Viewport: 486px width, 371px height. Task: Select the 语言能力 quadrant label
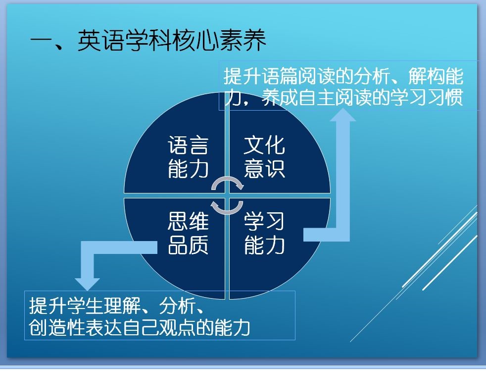click(x=188, y=157)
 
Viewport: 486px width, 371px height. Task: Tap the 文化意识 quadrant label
click(x=264, y=157)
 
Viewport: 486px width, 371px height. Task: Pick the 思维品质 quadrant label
click(x=188, y=233)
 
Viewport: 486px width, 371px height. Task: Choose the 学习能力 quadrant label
click(x=264, y=233)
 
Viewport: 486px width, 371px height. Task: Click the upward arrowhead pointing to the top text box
click(x=342, y=115)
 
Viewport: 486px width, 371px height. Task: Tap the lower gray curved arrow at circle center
click(x=227, y=207)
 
